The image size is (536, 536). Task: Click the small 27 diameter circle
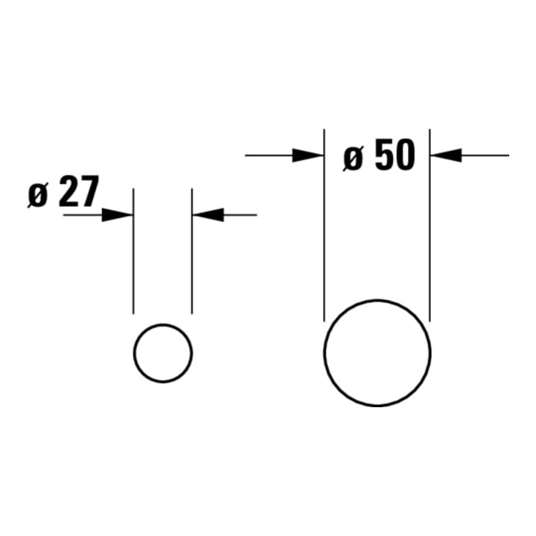134,353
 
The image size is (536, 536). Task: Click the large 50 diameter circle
324,353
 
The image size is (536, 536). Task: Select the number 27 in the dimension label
79,191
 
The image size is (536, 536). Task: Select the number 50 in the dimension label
395,155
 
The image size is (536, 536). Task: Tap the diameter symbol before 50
353,159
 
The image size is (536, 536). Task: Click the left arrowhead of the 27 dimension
118,215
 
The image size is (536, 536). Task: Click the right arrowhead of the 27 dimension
208,215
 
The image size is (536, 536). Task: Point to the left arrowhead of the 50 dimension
308,156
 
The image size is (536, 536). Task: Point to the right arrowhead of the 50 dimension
446,156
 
